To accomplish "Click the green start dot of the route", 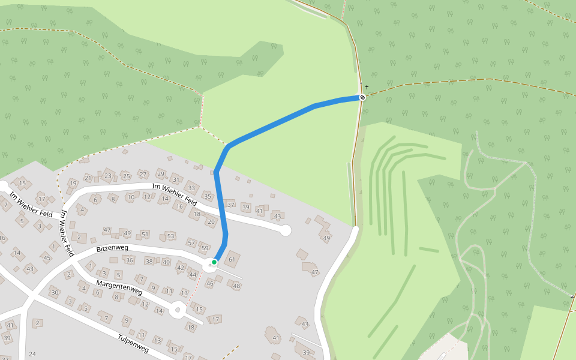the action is click(x=214, y=262).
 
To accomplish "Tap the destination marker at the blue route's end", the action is click(x=362, y=97).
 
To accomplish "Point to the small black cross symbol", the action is click(x=367, y=88).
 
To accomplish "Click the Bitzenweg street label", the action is click(x=112, y=247).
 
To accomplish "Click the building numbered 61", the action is click(x=232, y=259).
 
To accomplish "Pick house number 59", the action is click(x=205, y=248).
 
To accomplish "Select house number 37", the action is click(x=231, y=205).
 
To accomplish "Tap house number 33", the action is click(x=191, y=188).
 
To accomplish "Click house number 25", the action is click(x=126, y=176).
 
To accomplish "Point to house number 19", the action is click(x=73, y=183).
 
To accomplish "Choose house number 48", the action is click(x=236, y=286).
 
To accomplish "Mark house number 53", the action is click(x=170, y=236).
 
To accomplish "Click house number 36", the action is click(x=130, y=260).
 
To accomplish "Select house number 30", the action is click(x=55, y=292).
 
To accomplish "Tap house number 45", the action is click(x=47, y=258).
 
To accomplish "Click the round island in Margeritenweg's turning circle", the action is click(x=177, y=310).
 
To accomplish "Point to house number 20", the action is click(x=211, y=221).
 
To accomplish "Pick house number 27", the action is click(x=143, y=174).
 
